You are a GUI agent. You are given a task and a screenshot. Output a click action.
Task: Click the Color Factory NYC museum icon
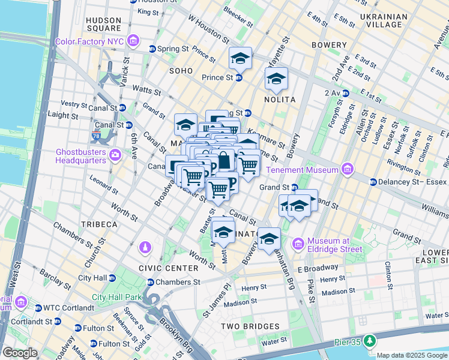[x=133, y=41]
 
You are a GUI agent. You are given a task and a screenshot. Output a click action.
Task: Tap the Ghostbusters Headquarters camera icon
[x=115, y=155]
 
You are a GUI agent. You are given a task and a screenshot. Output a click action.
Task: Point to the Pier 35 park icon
[x=370, y=341]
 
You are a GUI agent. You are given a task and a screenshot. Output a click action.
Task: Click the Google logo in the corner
[x=20, y=353]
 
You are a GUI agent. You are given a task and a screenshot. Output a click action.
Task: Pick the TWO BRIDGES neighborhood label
[x=250, y=326]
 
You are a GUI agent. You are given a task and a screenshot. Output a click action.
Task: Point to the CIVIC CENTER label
[x=168, y=268]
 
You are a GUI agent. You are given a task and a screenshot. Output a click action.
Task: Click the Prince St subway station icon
[x=238, y=77]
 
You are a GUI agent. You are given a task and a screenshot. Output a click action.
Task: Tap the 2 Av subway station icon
[x=346, y=93]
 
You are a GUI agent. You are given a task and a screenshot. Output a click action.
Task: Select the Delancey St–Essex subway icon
[x=373, y=182]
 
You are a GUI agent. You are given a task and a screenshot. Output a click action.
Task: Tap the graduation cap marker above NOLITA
[x=276, y=78]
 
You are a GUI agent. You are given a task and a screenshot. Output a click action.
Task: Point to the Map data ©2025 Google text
[x=412, y=355]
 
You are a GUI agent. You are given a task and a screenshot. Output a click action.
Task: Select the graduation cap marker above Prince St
[x=240, y=58]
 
